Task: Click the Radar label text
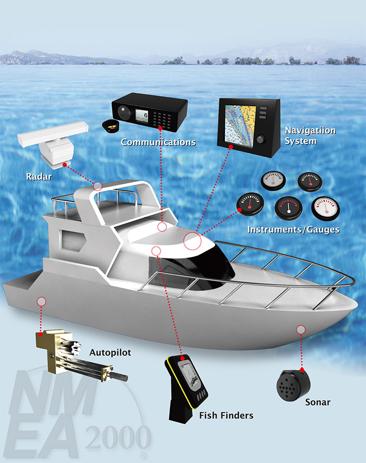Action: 39,177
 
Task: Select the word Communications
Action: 158,142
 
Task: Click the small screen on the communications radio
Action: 142,115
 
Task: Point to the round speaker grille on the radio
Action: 124,112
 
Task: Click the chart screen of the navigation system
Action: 239,125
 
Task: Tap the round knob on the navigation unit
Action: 260,139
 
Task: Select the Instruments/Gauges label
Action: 293,229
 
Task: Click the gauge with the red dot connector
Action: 250,204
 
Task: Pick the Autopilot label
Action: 110,352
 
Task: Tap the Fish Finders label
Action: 226,415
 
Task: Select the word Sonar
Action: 318,402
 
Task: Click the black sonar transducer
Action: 293,385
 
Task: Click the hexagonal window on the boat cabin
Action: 72,240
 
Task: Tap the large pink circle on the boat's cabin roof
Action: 192,241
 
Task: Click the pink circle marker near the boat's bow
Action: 301,329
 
